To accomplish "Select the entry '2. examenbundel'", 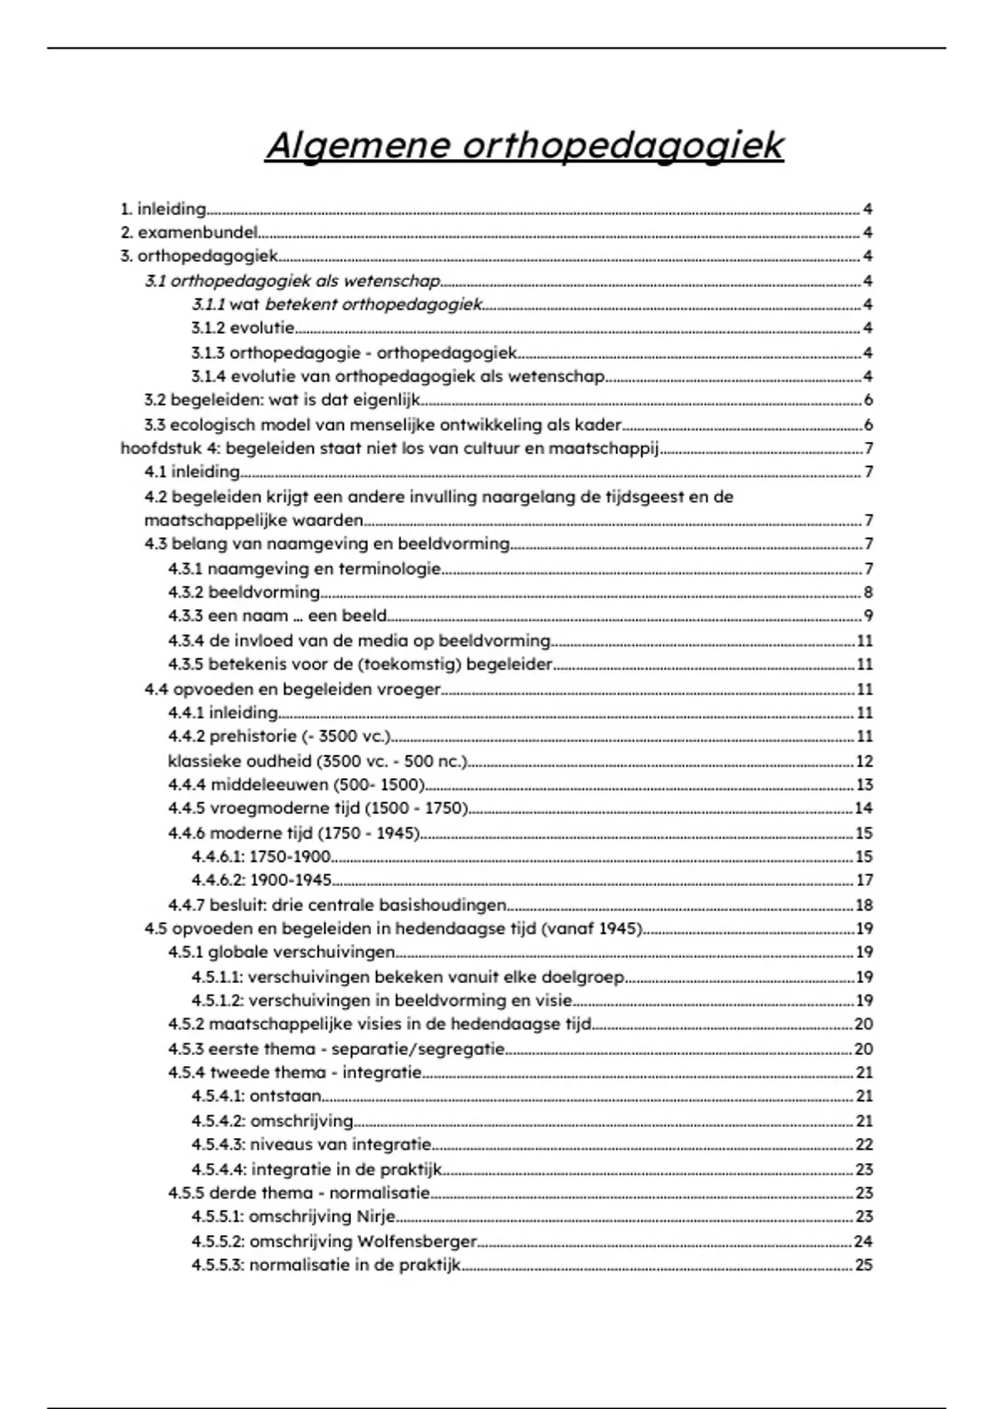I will (190, 233).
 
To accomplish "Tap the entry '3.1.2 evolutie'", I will (243, 328).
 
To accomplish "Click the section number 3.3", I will (155, 425).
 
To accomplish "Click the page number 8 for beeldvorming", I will (867, 593).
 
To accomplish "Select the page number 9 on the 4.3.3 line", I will (867, 616).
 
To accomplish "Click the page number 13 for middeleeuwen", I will (864, 785).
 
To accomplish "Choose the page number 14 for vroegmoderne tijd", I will (864, 808).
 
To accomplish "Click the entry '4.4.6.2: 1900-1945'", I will (262, 880).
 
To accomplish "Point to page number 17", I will (864, 880).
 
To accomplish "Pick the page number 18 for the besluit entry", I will (864, 905).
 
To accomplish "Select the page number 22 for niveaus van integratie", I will (864, 1145).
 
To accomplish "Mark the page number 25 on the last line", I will (864, 1266).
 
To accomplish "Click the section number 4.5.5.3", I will (217, 1266).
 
